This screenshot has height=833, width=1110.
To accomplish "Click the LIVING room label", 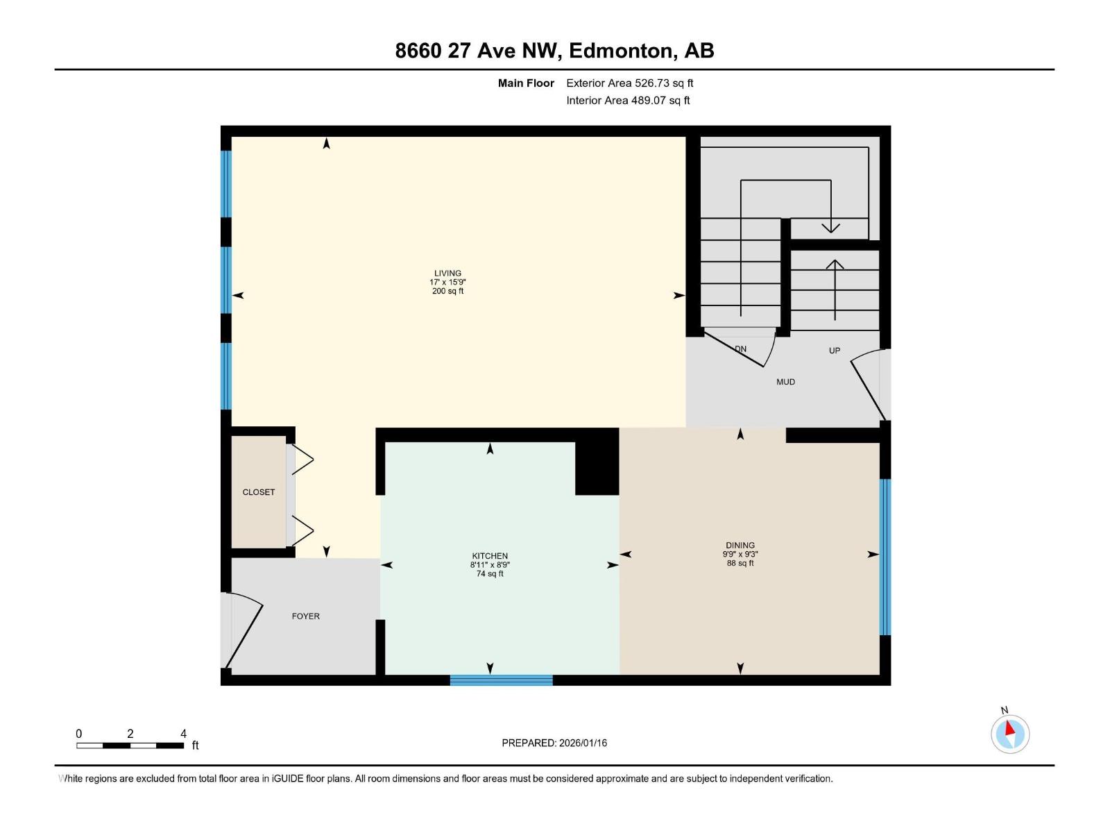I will [x=447, y=274].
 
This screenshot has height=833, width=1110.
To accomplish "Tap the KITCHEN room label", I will [x=490, y=556].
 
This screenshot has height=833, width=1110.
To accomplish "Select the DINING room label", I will [x=740, y=546].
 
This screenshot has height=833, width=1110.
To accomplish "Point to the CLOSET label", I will [x=259, y=492].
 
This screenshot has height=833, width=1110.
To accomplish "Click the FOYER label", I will [x=305, y=616].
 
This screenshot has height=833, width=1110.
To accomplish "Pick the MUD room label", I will [x=785, y=382].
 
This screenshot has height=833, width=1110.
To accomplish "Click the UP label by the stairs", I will [x=835, y=351].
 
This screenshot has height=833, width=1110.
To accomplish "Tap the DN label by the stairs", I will [x=741, y=349].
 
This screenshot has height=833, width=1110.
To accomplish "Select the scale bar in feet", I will [x=130, y=746].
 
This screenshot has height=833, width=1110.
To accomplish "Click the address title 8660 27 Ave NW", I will [x=554, y=51].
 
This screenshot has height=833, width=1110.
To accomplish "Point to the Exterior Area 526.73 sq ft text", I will [x=629, y=83].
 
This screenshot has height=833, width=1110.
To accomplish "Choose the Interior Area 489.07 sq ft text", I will [x=628, y=101].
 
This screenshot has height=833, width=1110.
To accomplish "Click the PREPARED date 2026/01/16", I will [x=554, y=743].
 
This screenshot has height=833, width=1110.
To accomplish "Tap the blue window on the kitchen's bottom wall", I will [x=501, y=680].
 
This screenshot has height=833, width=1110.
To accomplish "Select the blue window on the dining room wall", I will [x=885, y=557].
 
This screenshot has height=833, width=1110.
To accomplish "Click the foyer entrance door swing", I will [x=243, y=628].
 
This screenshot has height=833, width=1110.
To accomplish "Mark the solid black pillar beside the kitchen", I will [x=597, y=462].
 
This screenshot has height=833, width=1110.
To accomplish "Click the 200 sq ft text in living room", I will [x=447, y=292].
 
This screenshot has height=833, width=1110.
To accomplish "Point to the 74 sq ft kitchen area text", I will [x=490, y=574].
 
